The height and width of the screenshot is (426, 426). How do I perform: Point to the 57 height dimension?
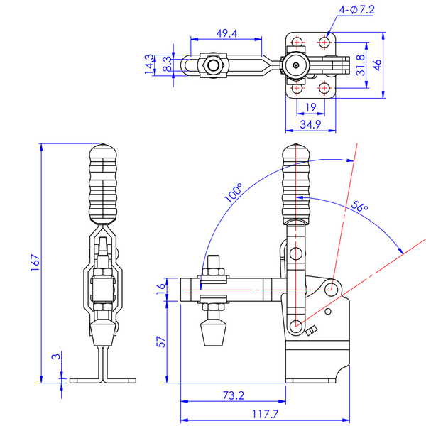[161, 342]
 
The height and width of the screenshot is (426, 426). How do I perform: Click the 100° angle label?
[234, 193]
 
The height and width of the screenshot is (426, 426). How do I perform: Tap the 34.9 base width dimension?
[307, 124]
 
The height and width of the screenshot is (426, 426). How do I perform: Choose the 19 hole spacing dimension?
[310, 108]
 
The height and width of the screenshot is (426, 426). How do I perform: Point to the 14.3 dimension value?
[149, 63]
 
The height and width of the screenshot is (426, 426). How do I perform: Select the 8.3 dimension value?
[165, 63]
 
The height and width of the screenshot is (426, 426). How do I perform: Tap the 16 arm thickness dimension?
[161, 288]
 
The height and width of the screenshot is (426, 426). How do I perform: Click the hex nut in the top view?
[214, 65]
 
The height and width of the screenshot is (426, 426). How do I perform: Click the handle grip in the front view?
[103, 185]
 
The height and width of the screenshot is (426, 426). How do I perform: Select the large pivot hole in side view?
[331, 289]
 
